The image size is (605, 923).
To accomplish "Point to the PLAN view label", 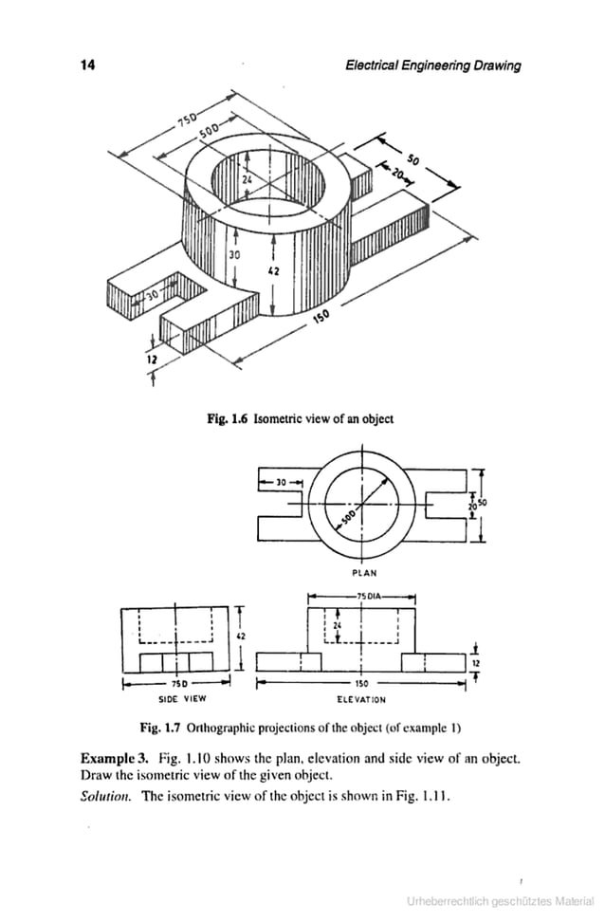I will tap(364, 572).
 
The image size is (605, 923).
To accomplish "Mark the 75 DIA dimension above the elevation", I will tap(364, 596).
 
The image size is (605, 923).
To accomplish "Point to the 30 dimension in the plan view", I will tap(282, 482).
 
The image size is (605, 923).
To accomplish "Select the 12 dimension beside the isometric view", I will tap(151, 361).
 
